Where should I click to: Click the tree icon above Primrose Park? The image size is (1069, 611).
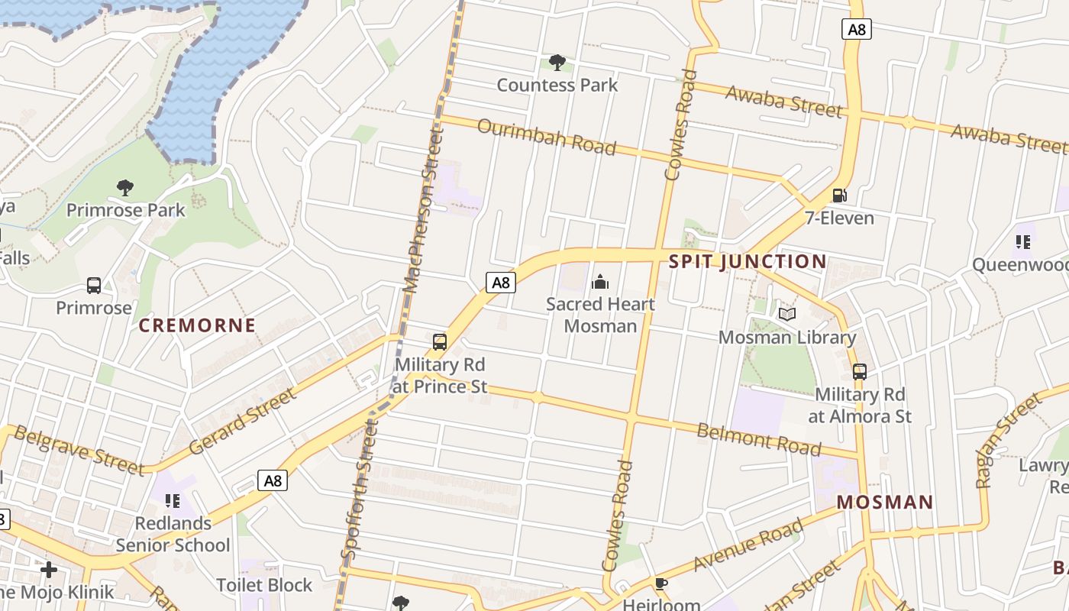[x=125, y=187]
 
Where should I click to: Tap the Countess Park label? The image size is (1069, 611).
[x=557, y=85]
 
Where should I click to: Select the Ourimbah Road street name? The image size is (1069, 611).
[x=546, y=136]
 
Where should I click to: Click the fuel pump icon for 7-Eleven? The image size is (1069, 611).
[x=839, y=196]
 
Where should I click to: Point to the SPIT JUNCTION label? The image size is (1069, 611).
[x=748, y=261]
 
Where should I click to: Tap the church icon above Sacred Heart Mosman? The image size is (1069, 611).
[x=600, y=283]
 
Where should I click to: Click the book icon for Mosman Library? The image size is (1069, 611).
[x=787, y=314]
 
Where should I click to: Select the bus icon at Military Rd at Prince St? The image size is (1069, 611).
[x=440, y=342]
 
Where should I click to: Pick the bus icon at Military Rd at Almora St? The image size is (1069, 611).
[x=860, y=372]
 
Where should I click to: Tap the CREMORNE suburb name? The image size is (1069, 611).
[x=197, y=325]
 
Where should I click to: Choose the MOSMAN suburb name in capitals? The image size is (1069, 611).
[x=885, y=502]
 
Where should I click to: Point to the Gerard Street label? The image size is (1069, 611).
[x=242, y=421]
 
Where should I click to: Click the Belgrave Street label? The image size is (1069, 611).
[x=79, y=450]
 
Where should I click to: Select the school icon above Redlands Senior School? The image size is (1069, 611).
[x=173, y=501]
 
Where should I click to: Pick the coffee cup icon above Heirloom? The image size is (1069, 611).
[x=661, y=584]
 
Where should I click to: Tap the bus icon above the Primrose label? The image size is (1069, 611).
[x=94, y=286]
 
